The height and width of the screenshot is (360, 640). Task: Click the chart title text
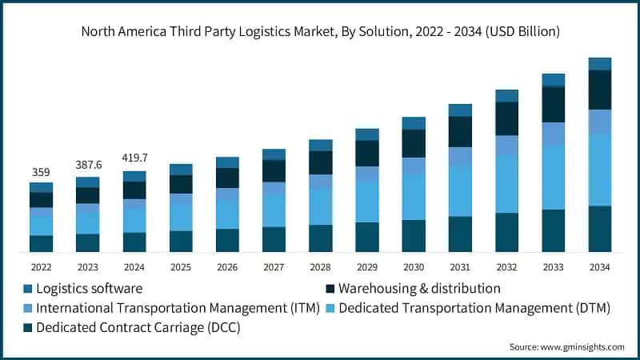(320, 31)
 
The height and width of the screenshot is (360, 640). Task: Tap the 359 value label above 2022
(41, 171)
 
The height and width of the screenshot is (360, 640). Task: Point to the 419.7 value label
(134, 158)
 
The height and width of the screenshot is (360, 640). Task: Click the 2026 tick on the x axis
(227, 266)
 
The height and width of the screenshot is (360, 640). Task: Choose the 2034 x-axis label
(599, 266)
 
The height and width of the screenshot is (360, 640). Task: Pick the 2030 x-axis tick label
(414, 266)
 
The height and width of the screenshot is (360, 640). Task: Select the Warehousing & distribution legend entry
(420, 288)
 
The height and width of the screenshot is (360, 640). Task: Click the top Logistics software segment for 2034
(599, 64)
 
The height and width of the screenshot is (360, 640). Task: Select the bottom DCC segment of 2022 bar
(41, 244)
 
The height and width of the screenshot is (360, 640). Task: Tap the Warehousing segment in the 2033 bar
(553, 104)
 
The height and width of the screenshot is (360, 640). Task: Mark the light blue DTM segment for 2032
(506, 183)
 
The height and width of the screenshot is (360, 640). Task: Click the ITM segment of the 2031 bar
(460, 156)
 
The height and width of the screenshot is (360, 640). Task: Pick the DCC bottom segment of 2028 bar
(320, 238)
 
